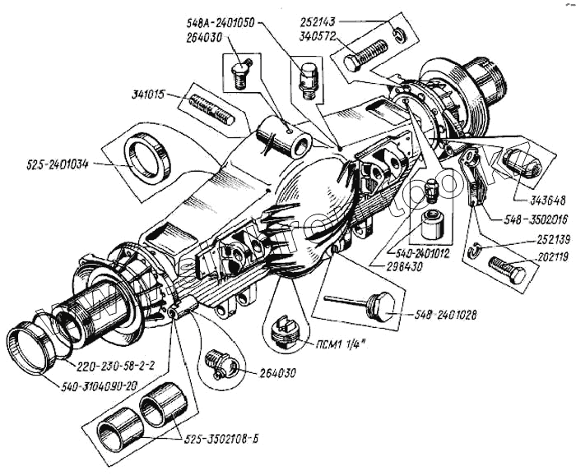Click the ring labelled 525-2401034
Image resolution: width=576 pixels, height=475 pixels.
pyautogui.click(x=148, y=154)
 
